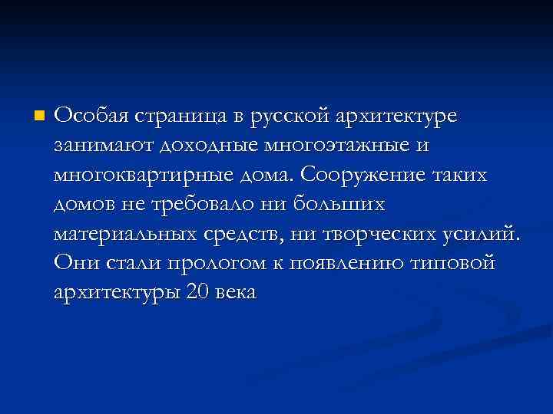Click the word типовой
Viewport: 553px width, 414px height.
point(456,263)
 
